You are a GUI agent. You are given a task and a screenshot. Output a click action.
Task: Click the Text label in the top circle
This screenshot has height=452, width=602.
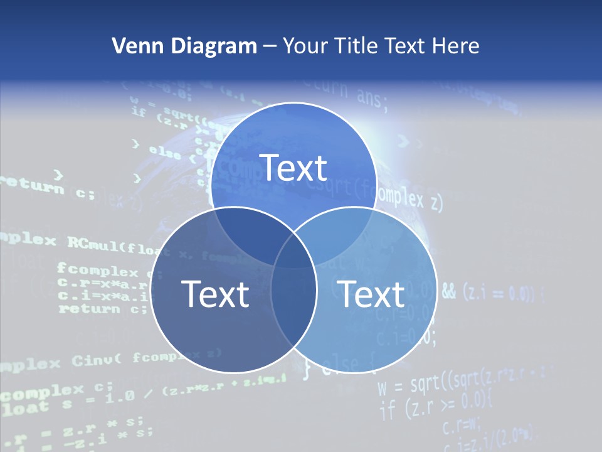coord(293,168)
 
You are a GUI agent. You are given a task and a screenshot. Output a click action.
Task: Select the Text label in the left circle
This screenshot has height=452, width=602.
coord(215,294)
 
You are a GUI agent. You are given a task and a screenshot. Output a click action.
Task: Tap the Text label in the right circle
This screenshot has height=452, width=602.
coord(371,294)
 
